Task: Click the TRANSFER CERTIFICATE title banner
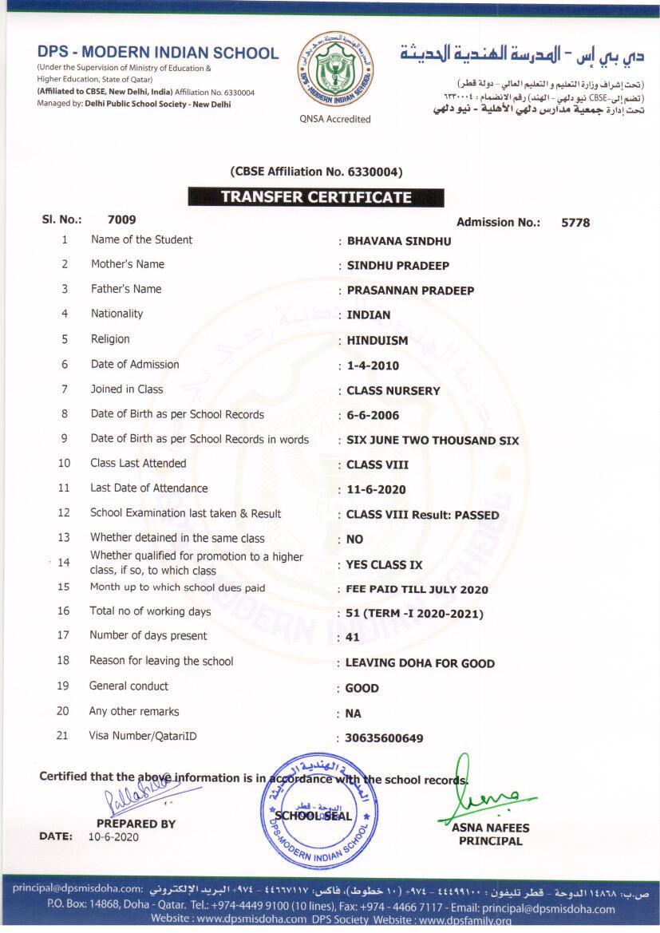[x=316, y=197]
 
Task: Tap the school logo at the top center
[x=335, y=71]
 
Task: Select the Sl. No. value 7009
[x=121, y=219]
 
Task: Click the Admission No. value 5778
[x=575, y=223]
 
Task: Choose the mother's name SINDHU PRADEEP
[x=397, y=266]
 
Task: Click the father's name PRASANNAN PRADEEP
[x=410, y=291]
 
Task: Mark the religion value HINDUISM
[x=377, y=340]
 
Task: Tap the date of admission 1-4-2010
[x=373, y=366]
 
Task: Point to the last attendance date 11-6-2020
[x=376, y=490]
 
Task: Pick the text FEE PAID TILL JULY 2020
[x=417, y=590]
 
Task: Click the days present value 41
[x=353, y=638]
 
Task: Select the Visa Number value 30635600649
[x=384, y=738]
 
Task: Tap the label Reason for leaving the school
[x=161, y=661]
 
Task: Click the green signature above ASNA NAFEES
[x=483, y=794]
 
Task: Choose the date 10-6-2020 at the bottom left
[x=113, y=837]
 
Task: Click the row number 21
[x=62, y=736]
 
